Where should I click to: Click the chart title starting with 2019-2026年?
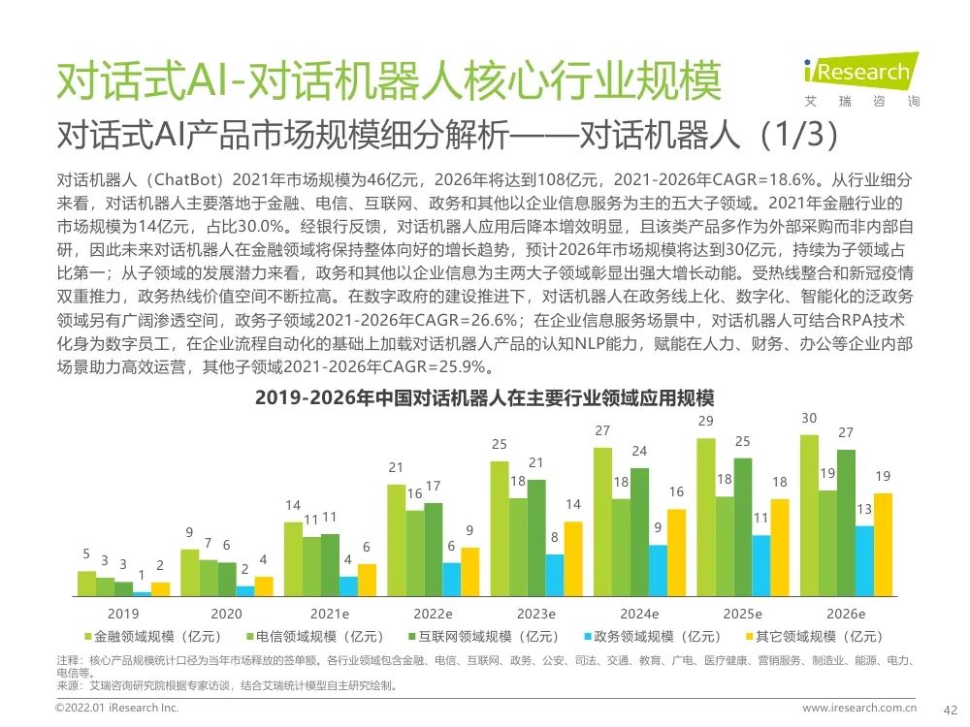pos(484,398)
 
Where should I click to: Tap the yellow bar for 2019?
pos(160,588)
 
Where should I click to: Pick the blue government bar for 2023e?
pos(554,574)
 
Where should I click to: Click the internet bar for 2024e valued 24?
pos(639,531)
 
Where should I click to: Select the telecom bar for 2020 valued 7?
pos(209,577)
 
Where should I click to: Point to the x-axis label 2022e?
pos(433,614)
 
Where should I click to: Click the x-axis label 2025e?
pos(742,614)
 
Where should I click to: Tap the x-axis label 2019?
pos(123,614)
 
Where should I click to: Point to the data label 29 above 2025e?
pos(705,422)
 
